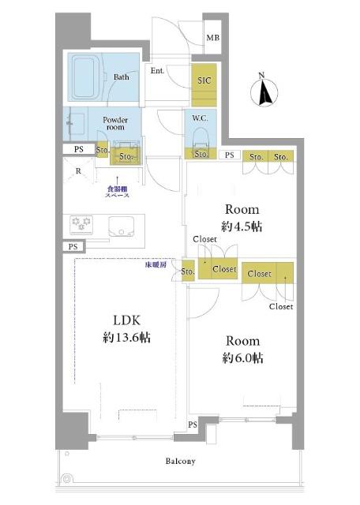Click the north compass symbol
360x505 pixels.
tap(264, 92)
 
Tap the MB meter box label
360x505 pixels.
tap(212, 38)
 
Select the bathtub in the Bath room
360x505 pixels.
tap(85, 77)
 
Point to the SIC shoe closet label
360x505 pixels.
tap(204, 80)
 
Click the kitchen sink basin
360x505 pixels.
tap(121, 226)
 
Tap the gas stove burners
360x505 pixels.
tap(81, 224)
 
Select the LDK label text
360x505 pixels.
tap(126, 320)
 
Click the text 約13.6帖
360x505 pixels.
tap(126, 338)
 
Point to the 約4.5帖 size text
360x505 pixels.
tap(242, 226)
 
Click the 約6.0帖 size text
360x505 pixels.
tap(242, 357)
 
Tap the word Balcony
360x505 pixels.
tap(181, 461)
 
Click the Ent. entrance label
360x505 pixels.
tap(157, 70)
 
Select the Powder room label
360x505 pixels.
tap(115, 123)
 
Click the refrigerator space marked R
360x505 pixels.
tap(78, 171)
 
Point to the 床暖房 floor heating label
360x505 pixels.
tap(156, 265)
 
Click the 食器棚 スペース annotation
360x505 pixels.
tap(118, 192)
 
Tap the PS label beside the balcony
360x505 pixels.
tap(193, 425)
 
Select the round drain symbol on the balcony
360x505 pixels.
tap(66, 479)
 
